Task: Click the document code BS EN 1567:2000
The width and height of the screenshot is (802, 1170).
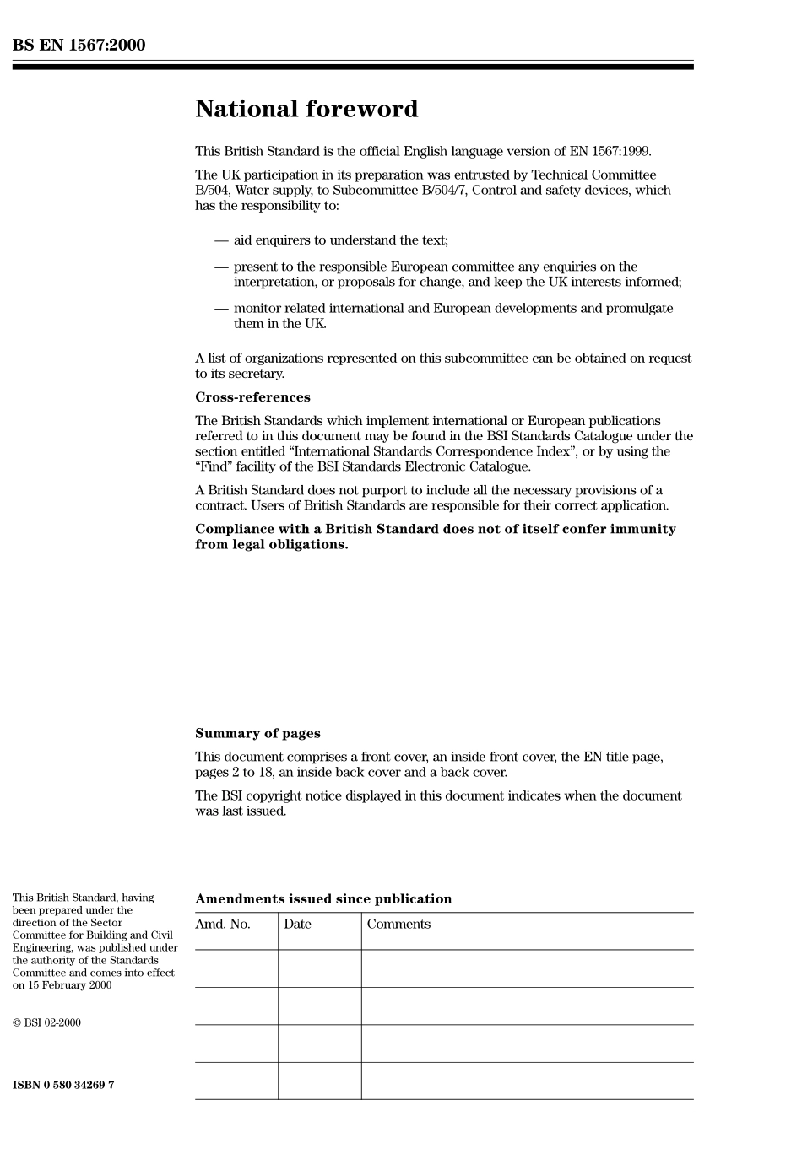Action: coord(79,46)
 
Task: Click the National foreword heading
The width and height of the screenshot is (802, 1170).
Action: coord(306,110)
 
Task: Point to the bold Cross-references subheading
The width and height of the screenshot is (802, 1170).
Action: coord(252,397)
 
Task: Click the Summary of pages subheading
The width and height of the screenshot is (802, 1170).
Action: coord(257,734)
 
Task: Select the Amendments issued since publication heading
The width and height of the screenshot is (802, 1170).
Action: coord(323,899)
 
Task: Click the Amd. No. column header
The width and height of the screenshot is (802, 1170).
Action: coord(223,925)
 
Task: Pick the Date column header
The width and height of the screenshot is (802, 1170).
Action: coord(297,925)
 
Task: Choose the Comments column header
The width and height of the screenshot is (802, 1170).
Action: coord(398,925)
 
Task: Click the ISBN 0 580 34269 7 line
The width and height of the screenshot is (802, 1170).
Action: coord(63,1085)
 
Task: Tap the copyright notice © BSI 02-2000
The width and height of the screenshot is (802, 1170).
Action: coord(46,1023)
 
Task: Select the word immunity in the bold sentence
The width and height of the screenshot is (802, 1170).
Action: coord(641,530)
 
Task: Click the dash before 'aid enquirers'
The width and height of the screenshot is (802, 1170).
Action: coord(220,241)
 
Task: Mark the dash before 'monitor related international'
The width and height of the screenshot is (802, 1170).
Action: coord(220,309)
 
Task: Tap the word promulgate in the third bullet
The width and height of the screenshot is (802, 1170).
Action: coord(639,309)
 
